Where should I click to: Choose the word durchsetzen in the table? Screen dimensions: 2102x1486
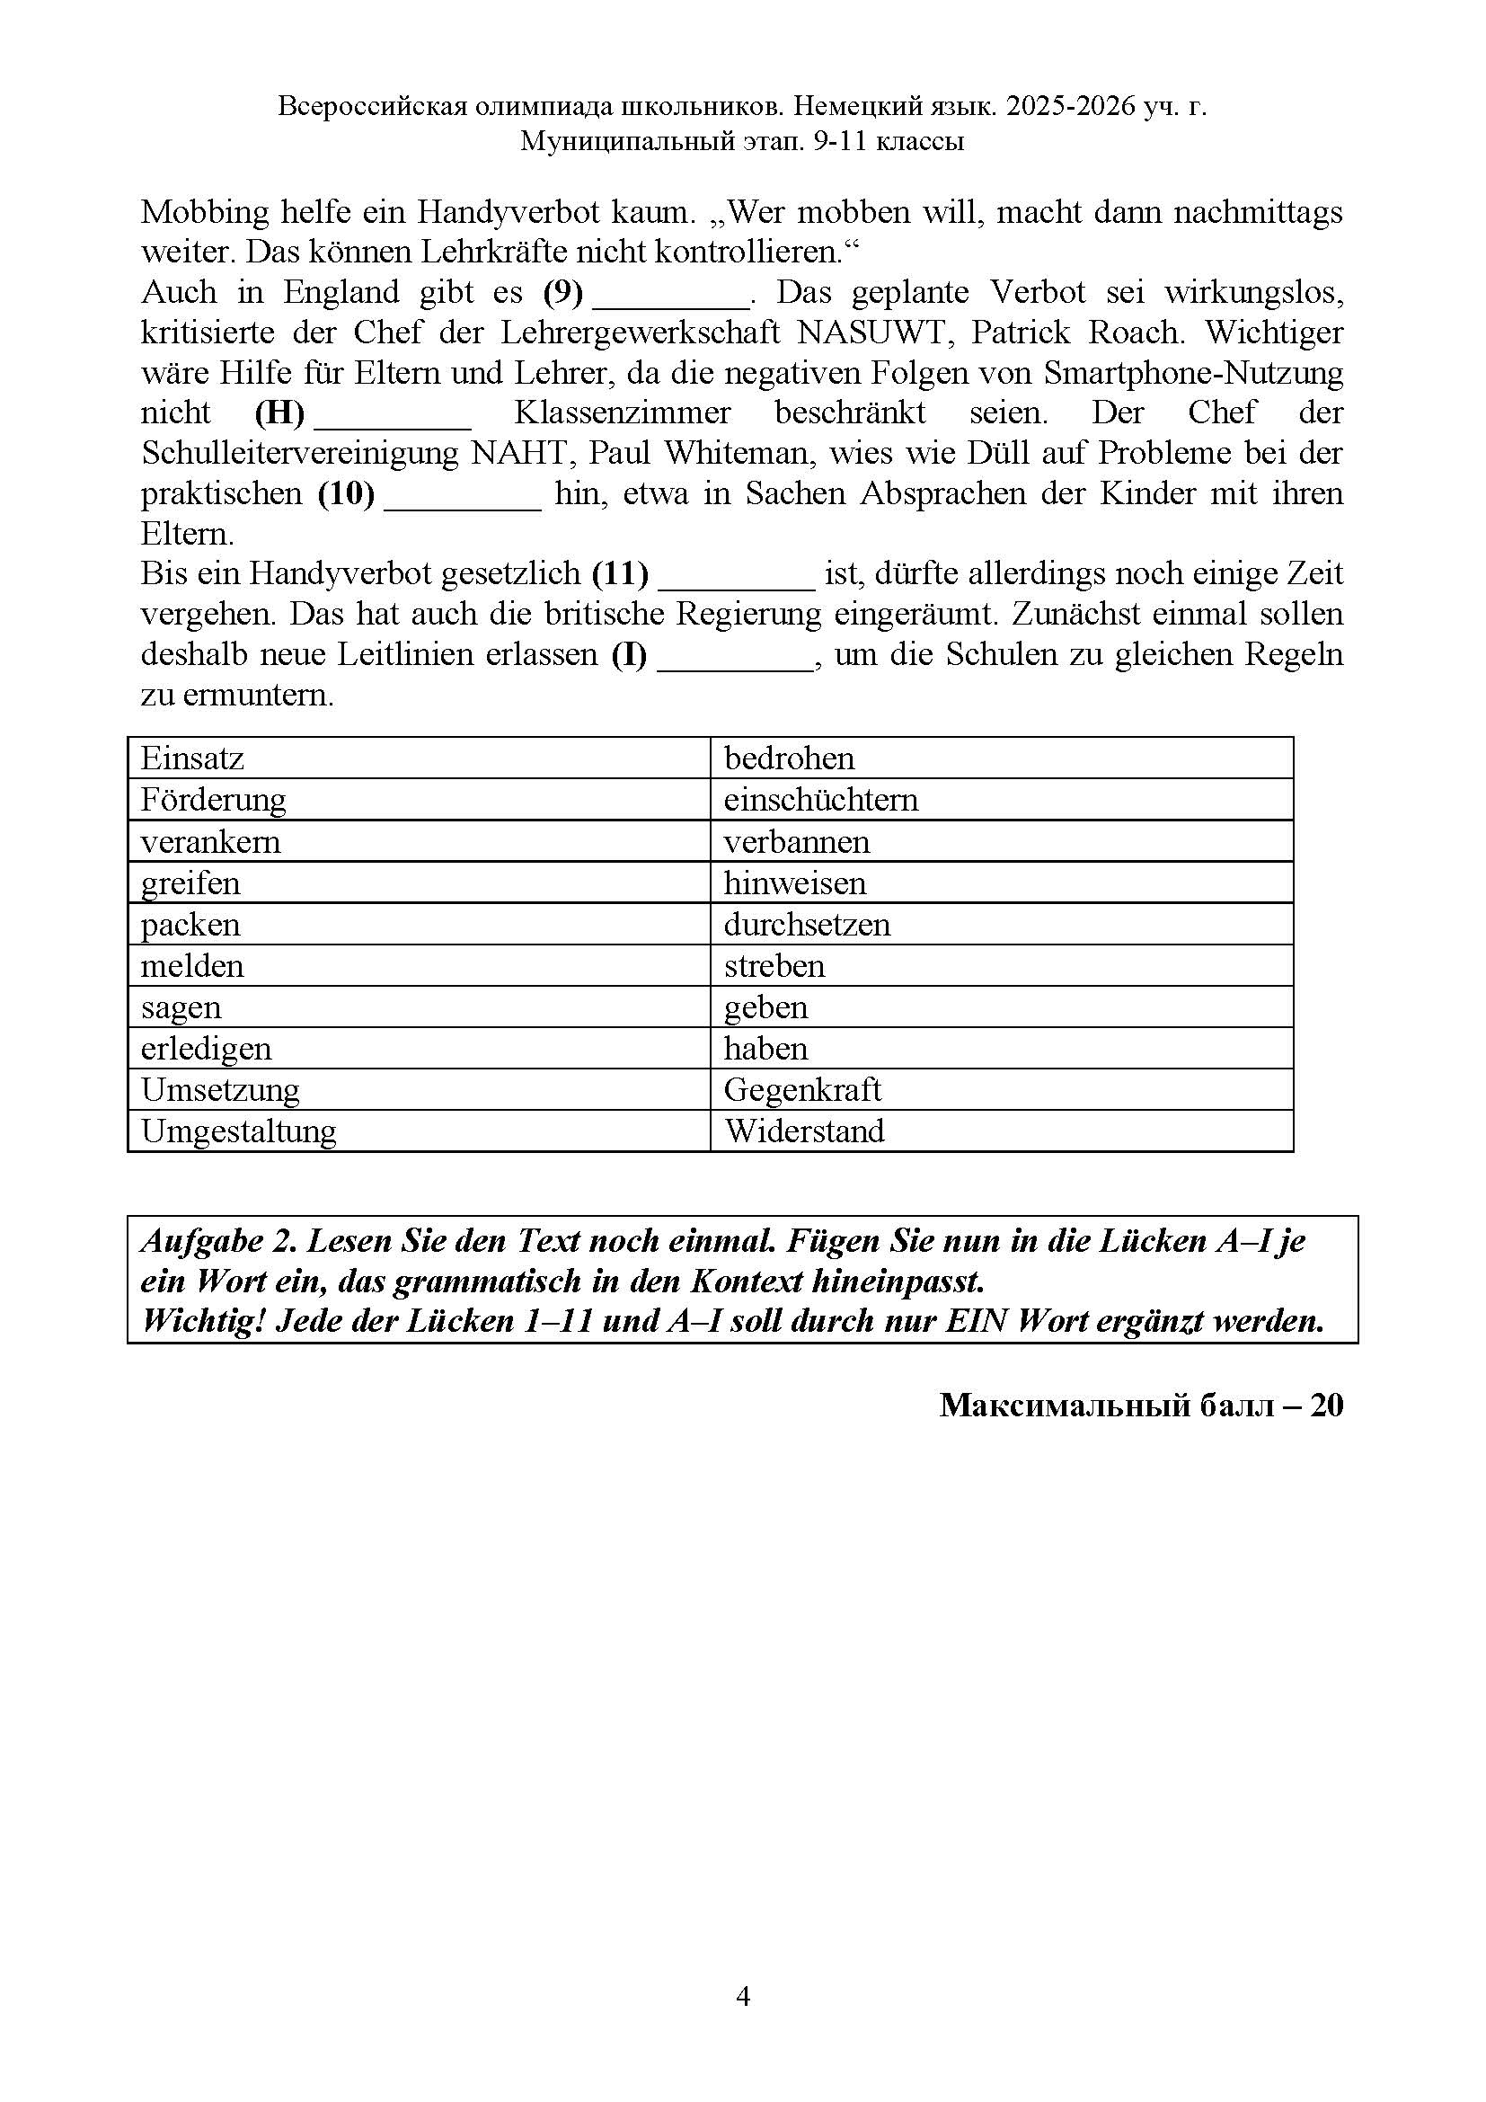[x=807, y=925]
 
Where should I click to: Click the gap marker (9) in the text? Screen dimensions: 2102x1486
[x=562, y=292]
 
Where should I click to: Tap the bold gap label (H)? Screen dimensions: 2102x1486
[x=279, y=412]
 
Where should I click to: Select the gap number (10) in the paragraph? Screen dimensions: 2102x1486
[x=346, y=493]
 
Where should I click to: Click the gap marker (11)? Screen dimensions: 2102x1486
[x=620, y=574]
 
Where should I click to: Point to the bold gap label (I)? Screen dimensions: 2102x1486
[x=629, y=654]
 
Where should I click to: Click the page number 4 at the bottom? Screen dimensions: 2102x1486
[x=743, y=1996]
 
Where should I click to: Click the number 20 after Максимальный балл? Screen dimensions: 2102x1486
[x=1326, y=1406]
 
